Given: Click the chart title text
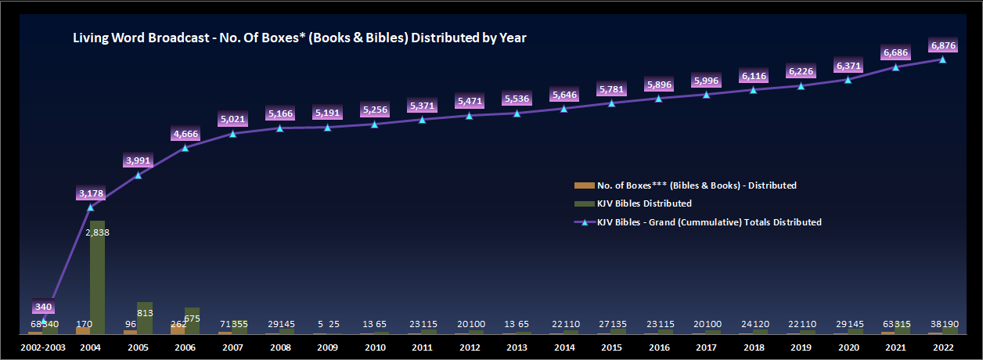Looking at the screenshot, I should tap(299, 38).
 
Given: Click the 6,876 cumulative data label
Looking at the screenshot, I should tap(942, 45).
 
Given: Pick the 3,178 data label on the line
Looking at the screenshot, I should tap(91, 193).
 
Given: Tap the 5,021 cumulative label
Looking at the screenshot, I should tap(233, 120).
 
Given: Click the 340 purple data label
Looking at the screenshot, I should tap(43, 307).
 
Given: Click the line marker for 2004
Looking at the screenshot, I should tap(91, 207).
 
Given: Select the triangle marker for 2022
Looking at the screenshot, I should tap(942, 59).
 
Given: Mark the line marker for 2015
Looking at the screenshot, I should tap(612, 103).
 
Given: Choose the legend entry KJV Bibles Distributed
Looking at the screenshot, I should tap(644, 203).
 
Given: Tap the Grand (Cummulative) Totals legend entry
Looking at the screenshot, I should tap(709, 222).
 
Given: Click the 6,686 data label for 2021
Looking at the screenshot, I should tap(895, 52).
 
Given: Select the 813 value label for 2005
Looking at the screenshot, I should tap(146, 291).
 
